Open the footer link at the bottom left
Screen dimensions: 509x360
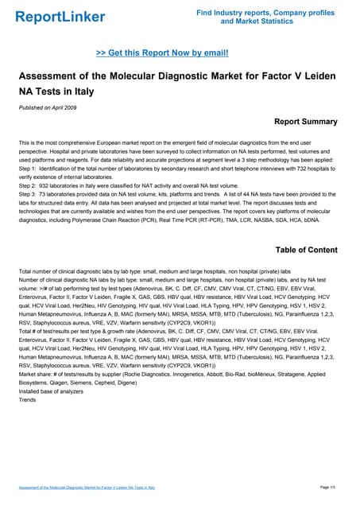pos(87,486)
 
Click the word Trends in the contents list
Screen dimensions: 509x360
pos(28,399)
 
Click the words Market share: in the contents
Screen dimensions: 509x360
pos(37,371)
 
